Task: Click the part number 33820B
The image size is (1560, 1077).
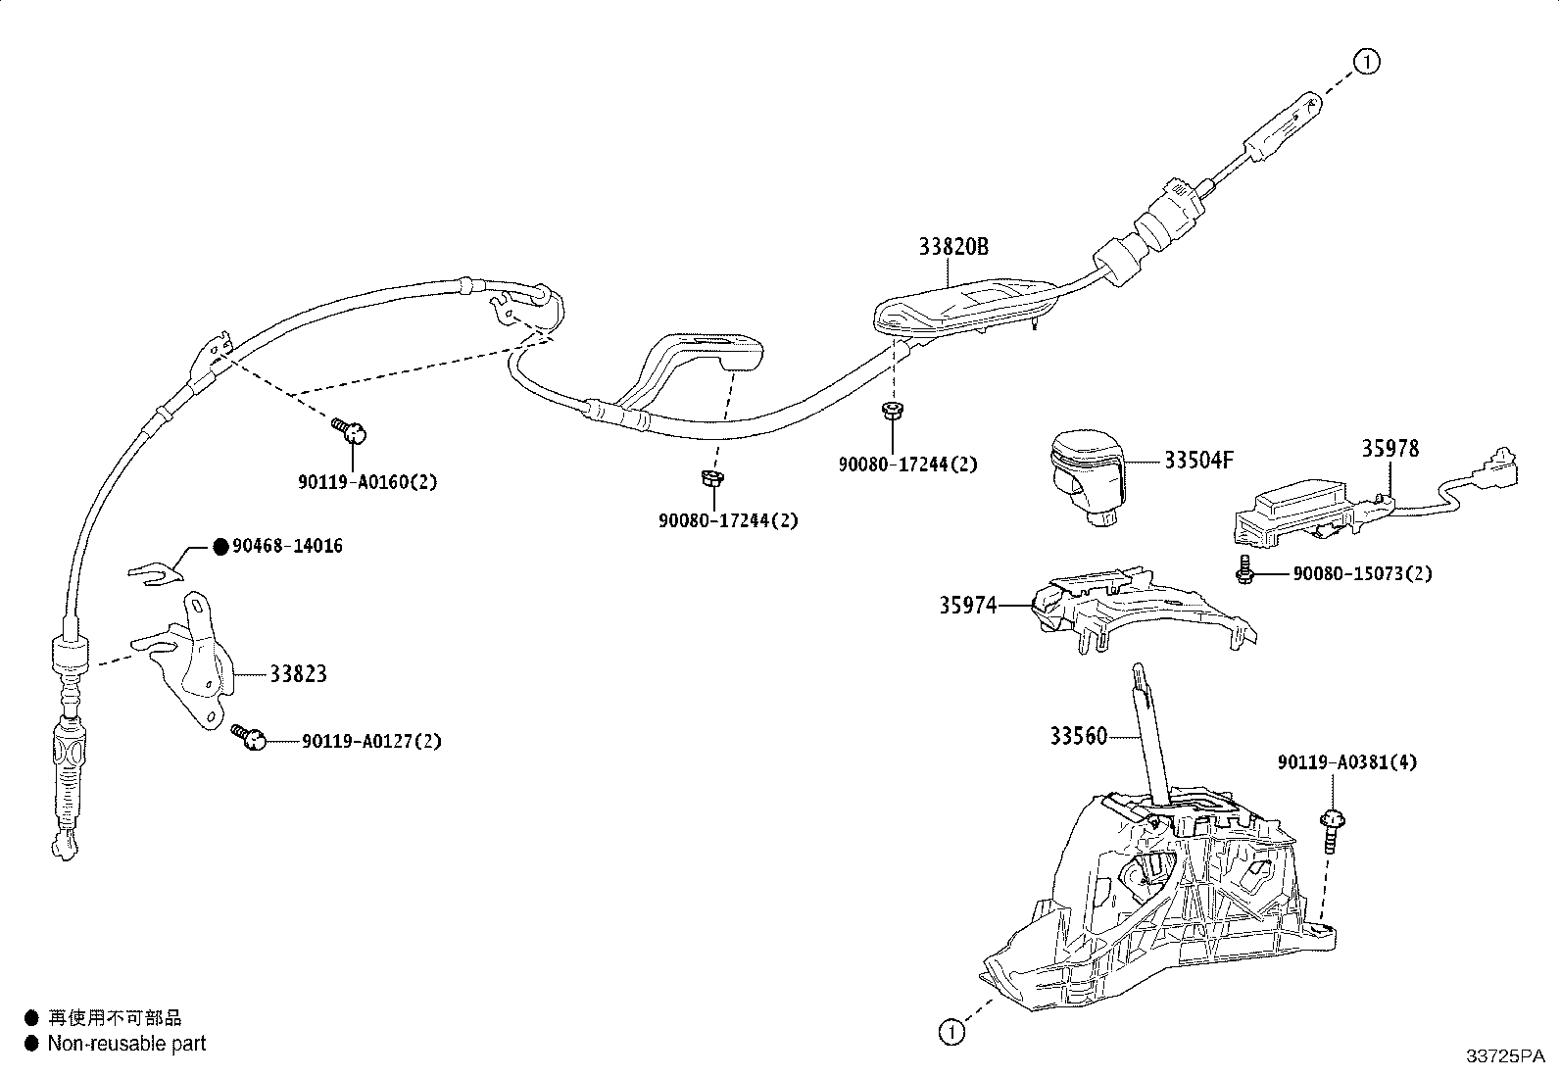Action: (x=952, y=247)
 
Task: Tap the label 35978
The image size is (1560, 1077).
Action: (x=1389, y=448)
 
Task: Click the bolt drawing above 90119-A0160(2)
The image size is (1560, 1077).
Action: (x=350, y=427)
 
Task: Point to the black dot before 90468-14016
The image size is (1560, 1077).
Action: (x=220, y=546)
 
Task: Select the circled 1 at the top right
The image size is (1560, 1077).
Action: (x=1367, y=62)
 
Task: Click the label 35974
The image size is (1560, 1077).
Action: (x=967, y=606)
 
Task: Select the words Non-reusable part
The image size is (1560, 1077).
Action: (x=126, y=1044)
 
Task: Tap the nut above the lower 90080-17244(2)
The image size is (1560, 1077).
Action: (x=711, y=479)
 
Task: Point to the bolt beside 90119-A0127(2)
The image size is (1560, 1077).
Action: (x=248, y=736)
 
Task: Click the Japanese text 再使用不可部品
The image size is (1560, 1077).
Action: (x=115, y=1018)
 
